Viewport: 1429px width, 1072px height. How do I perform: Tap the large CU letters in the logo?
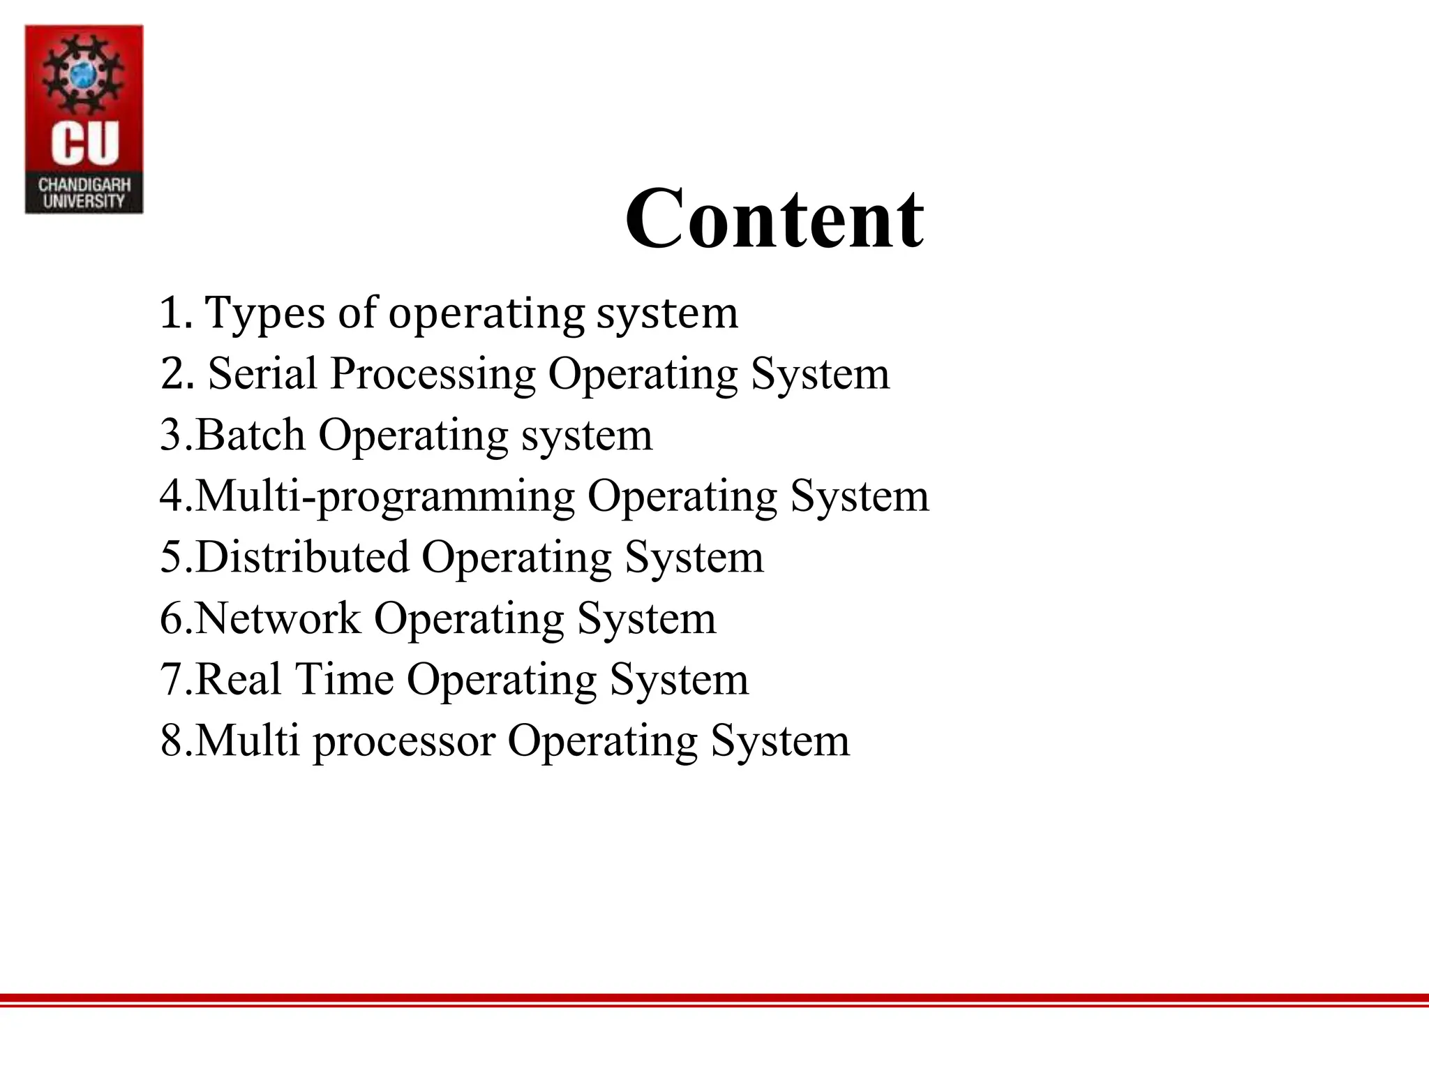[x=84, y=143]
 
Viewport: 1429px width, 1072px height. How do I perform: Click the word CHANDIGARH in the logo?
[x=84, y=185]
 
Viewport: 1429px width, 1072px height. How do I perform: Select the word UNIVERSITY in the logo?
[x=84, y=202]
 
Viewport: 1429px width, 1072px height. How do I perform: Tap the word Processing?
[x=433, y=375]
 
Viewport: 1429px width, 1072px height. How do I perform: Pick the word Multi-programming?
[x=384, y=497]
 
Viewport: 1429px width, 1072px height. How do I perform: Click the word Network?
[x=278, y=618]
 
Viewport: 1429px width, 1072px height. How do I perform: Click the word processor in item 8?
[x=404, y=742]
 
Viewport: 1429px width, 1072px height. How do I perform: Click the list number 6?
[x=172, y=618]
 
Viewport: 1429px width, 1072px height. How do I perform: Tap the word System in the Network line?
[x=646, y=618]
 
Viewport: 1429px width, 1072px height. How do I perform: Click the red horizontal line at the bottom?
[x=714, y=999]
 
